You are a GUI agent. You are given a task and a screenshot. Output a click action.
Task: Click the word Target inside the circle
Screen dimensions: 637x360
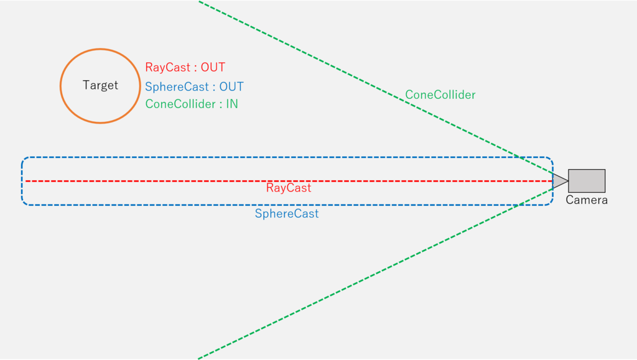[x=100, y=85]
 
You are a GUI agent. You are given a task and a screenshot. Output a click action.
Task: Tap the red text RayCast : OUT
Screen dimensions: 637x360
[x=185, y=67]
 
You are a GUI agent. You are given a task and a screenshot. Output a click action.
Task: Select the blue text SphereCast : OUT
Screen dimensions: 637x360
[x=194, y=87]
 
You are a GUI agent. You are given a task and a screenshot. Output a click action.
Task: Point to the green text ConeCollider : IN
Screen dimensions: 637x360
[x=192, y=104]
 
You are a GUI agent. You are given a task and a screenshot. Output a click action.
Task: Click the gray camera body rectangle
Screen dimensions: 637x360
[x=587, y=181]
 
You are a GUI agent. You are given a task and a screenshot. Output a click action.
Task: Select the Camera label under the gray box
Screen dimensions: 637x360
[x=587, y=200]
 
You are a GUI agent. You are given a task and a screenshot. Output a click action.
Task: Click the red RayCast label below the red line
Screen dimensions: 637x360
[x=289, y=188]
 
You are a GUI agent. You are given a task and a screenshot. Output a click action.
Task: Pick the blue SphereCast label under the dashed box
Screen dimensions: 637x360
[x=287, y=213]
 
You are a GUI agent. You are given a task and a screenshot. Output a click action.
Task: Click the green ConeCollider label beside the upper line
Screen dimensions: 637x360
[x=440, y=95]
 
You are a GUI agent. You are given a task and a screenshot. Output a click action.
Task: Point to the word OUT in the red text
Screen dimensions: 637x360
[x=213, y=67]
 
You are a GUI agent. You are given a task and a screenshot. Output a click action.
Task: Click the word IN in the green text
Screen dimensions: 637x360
[x=232, y=104]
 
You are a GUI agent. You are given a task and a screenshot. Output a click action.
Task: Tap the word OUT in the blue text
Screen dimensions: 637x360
[x=231, y=87]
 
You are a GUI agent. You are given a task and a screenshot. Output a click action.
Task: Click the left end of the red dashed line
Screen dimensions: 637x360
[x=26, y=181]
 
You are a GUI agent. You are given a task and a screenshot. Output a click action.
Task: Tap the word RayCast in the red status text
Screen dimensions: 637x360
[x=168, y=67]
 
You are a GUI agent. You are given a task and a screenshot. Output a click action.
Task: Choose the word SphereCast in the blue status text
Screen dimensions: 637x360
[x=177, y=87]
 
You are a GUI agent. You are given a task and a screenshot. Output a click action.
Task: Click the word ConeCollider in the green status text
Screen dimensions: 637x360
[x=180, y=104]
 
